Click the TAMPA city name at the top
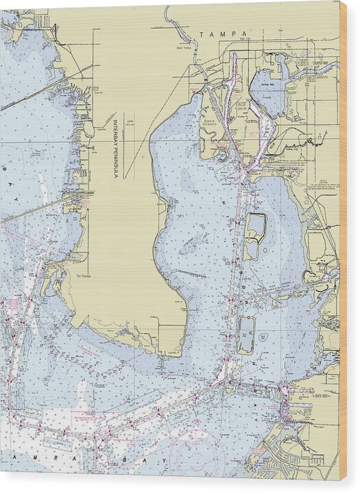coord(217,34)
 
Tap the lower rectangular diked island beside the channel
coord(245,334)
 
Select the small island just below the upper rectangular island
coord(252,250)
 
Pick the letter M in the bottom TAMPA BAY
coord(38,456)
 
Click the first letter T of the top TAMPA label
coord(202,34)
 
